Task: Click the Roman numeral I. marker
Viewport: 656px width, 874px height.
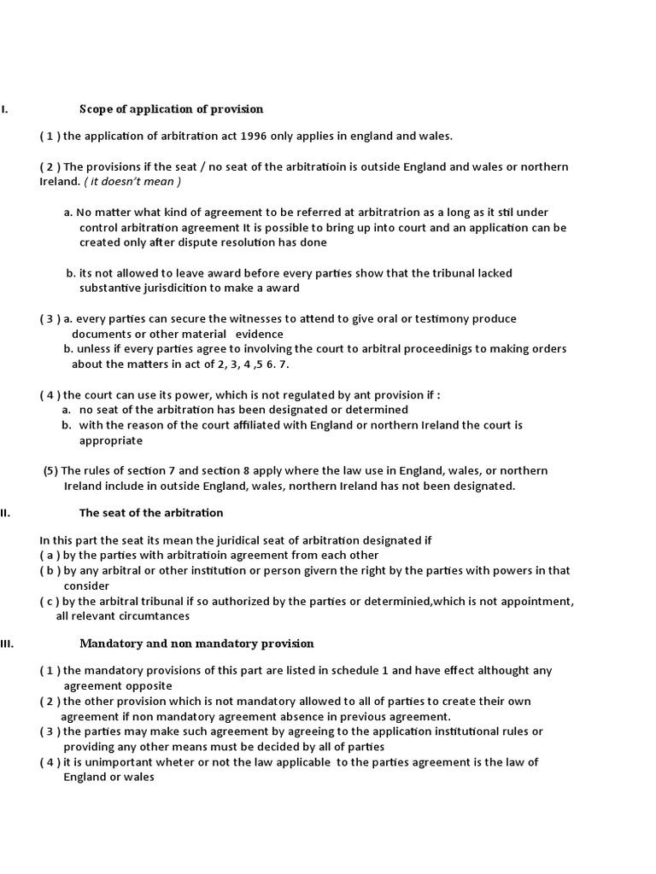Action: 4,109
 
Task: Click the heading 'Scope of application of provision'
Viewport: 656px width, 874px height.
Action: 171,109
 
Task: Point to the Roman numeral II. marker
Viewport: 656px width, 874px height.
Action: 4,513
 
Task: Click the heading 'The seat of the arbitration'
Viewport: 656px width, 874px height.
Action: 151,513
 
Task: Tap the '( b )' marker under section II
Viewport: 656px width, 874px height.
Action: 50,571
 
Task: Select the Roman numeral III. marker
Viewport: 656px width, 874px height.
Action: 7,644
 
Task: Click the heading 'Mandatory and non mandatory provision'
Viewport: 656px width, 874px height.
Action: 196,644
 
